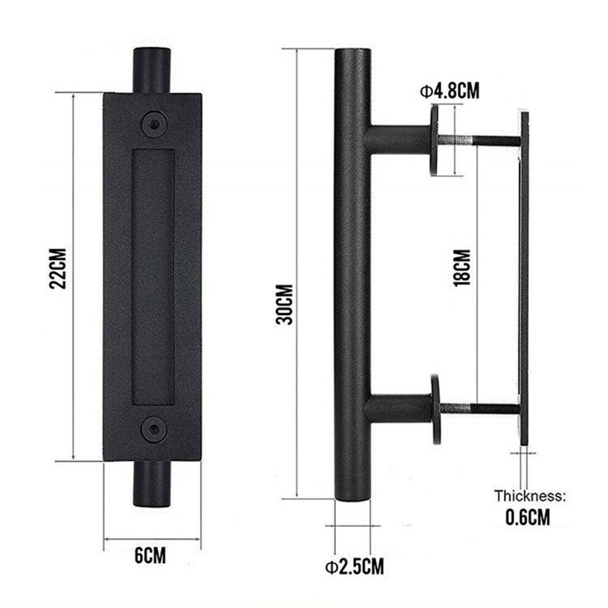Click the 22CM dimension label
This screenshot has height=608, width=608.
(x=58, y=269)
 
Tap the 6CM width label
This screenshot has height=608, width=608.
(x=150, y=555)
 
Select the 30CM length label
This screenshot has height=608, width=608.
(x=285, y=304)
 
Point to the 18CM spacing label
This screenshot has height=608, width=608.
(x=462, y=268)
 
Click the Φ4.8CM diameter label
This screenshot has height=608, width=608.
(x=450, y=91)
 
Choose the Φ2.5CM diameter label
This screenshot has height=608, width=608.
(x=354, y=566)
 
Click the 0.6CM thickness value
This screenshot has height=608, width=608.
(x=528, y=517)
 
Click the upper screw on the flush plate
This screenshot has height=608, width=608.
(x=154, y=124)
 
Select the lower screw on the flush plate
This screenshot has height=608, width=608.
(x=154, y=429)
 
